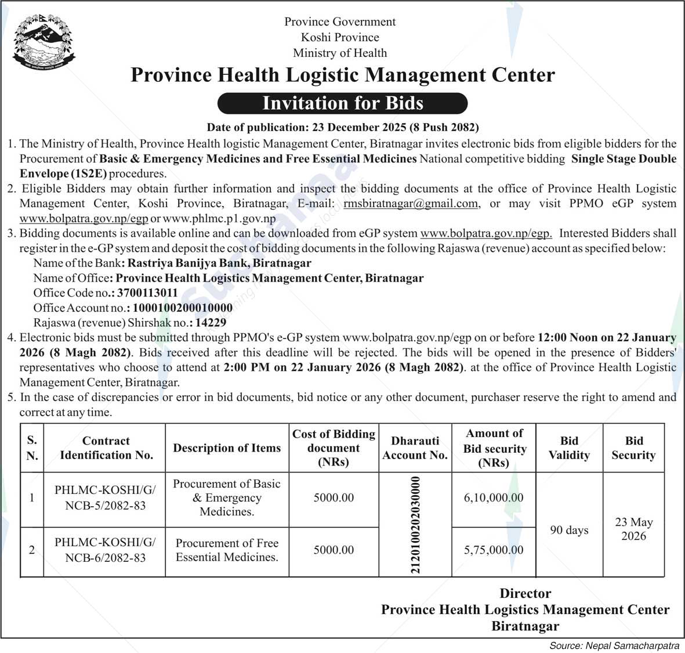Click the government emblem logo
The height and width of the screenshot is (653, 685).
tap(44, 42)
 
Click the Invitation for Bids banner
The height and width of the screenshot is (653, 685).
tap(342, 103)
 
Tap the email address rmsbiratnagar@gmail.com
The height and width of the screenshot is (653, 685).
tap(411, 204)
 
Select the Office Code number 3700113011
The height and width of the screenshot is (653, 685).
tap(147, 293)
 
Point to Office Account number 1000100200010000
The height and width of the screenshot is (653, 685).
tap(183, 308)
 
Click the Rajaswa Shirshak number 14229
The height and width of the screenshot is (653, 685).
tap(211, 323)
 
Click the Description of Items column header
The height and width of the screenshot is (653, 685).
tap(227, 448)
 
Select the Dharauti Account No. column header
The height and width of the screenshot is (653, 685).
tap(415, 448)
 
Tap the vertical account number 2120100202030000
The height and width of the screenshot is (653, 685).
tap(415, 525)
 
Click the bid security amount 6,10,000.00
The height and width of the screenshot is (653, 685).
tap(494, 498)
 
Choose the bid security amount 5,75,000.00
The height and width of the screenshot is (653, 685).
tap(494, 550)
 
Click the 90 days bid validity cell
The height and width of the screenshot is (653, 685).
tap(569, 531)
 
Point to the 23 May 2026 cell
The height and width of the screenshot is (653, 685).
tap(633, 529)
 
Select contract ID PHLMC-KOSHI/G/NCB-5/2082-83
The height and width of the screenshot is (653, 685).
tap(105, 498)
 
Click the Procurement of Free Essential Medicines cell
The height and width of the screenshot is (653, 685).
tap(227, 550)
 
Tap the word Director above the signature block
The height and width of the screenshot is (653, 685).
tap(525, 593)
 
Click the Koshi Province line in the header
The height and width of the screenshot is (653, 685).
tap(340, 37)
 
